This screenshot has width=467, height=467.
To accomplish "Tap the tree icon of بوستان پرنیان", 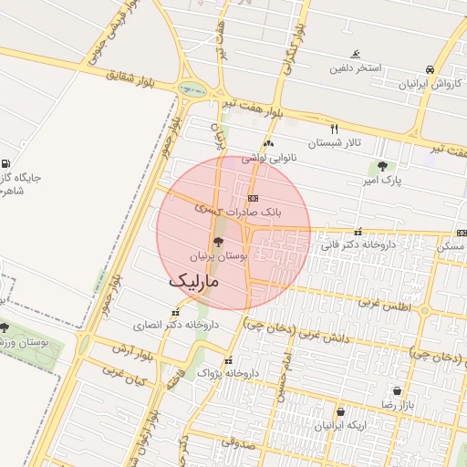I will click(217, 243).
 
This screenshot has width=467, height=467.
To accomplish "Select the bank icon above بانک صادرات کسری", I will click(253, 198).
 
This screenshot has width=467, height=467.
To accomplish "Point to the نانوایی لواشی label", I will click(269, 159).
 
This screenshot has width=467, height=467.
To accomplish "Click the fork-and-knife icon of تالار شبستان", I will click(334, 129).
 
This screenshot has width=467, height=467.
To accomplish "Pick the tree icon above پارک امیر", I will click(381, 167).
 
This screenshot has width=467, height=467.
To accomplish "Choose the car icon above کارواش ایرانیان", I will click(429, 69).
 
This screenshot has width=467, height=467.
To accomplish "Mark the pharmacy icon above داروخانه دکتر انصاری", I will click(176, 312).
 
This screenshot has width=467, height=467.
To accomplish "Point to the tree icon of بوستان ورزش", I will click(5, 327).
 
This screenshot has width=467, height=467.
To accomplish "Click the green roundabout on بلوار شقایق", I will click(192, 89).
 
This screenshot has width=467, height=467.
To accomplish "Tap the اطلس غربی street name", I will click(382, 303).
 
